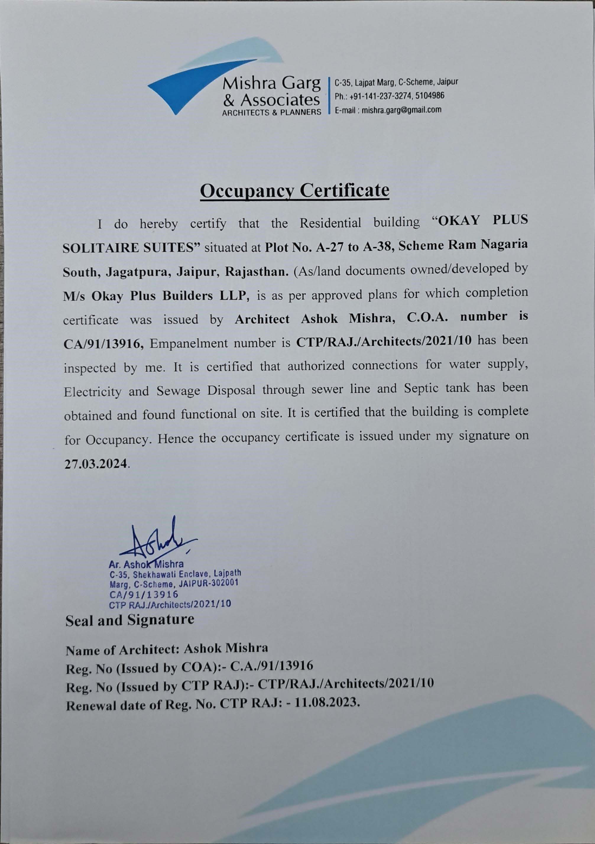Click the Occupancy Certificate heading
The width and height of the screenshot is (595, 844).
[294, 191]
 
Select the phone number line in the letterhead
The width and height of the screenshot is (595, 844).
[389, 96]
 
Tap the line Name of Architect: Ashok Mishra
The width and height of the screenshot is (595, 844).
[167, 648]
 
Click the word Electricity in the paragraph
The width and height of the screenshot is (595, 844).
[92, 392]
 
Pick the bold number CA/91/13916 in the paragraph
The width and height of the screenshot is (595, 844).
[103, 344]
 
